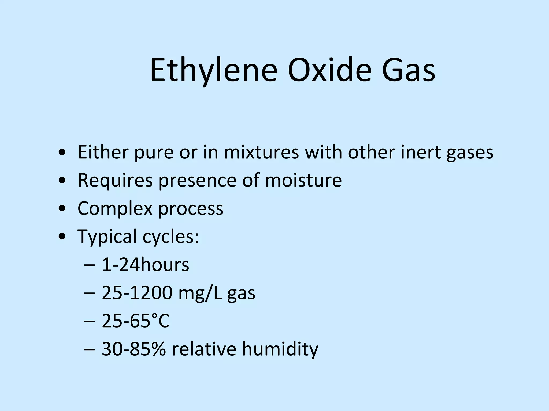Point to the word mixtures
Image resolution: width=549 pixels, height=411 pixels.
[261, 152]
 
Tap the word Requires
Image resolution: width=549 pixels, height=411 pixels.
[115, 180]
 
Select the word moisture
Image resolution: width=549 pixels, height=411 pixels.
[303, 180]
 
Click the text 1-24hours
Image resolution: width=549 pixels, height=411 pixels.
[146, 265]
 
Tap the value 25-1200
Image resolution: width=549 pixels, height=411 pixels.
[137, 293]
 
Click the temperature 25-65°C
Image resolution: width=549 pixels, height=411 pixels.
[136, 321]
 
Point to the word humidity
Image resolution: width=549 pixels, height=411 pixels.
[280, 349]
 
